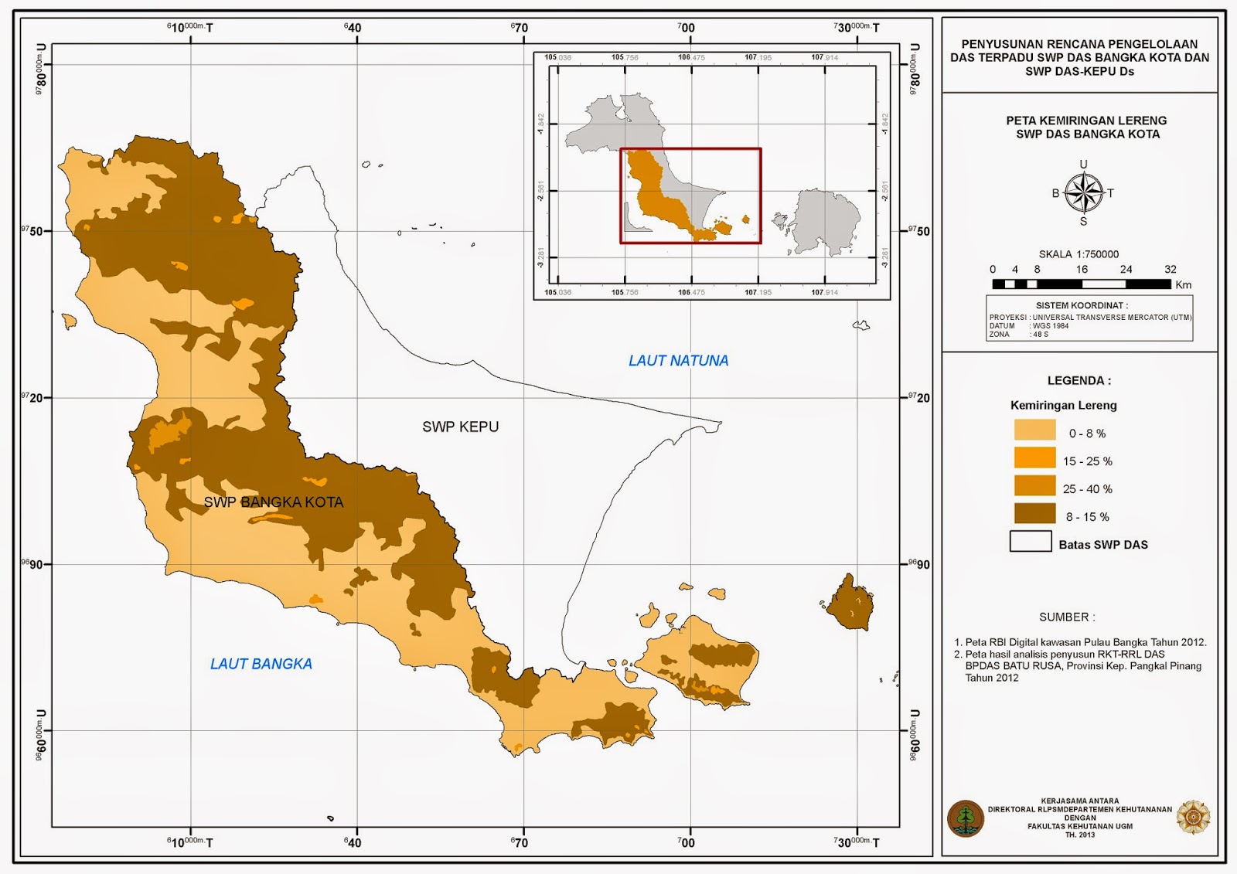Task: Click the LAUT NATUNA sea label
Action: [678, 361]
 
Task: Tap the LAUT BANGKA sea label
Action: [261, 664]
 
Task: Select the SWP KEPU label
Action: [460, 427]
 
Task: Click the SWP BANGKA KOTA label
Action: [273, 502]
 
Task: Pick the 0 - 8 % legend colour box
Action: [1034, 430]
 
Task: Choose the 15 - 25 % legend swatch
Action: [1034, 458]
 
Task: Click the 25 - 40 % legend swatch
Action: [1034, 486]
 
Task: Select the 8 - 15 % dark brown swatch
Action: [1034, 514]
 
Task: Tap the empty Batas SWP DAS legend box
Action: [1031, 542]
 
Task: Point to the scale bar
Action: [1081, 284]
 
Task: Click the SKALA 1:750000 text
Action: [1079, 254]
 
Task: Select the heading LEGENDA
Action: [1079, 381]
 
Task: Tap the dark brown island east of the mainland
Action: [850, 603]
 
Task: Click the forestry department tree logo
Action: [966, 818]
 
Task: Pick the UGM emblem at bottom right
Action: [1193, 818]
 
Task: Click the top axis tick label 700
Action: [686, 28]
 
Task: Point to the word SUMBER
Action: [1067, 617]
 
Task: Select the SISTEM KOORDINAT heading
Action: [1081, 306]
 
